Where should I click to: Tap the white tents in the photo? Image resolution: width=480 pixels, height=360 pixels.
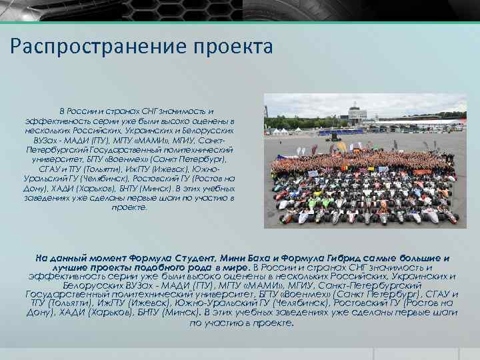[281, 131]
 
